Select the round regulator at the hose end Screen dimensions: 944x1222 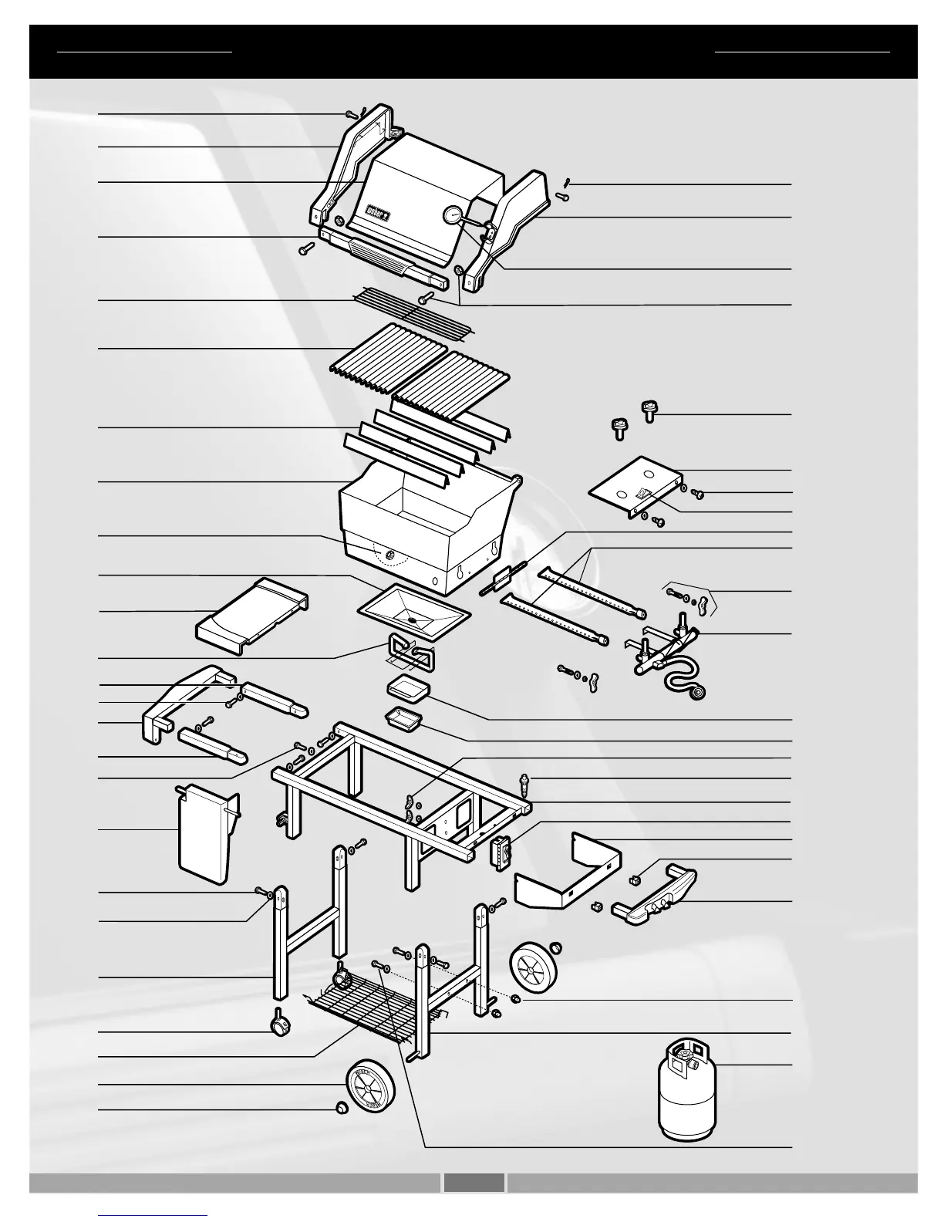coord(699,694)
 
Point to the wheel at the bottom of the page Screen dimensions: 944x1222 coord(370,1085)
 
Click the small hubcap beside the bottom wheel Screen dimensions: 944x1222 coord(341,1109)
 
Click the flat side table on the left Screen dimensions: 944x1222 coord(251,614)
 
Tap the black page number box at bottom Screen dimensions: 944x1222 coord(474,1182)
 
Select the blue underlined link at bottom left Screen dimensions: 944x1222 coord(153,1215)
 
